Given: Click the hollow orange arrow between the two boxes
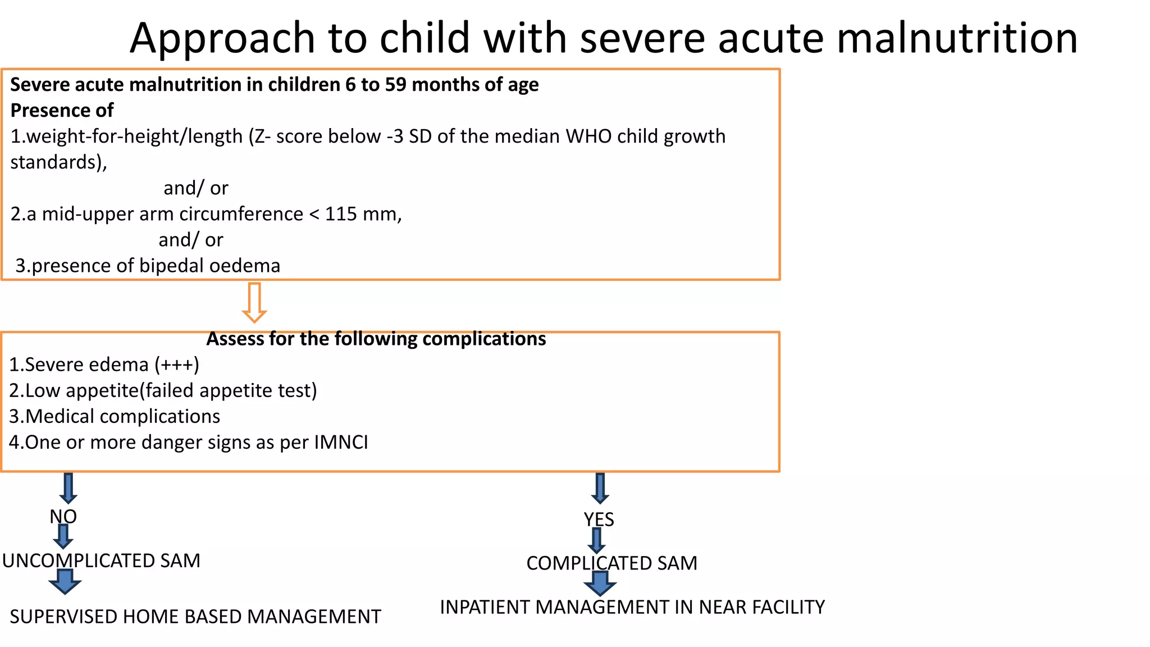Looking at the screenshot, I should [x=254, y=303].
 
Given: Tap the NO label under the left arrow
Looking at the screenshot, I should [x=63, y=516].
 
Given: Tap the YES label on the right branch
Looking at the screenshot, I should [x=599, y=520].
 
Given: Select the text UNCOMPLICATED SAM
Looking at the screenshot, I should [x=101, y=561].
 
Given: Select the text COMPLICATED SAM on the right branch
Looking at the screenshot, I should [x=611, y=563].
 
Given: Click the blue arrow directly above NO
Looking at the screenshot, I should [x=68, y=488].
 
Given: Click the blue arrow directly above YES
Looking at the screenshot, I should [x=600, y=488].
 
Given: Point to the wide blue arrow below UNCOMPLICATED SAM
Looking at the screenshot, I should [x=65, y=581].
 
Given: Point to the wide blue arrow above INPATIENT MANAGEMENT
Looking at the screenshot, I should [x=600, y=584].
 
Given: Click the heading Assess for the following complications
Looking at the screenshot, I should [x=376, y=339].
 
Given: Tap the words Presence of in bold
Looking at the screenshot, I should [x=62, y=110].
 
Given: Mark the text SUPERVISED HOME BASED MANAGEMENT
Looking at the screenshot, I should [x=195, y=617].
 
